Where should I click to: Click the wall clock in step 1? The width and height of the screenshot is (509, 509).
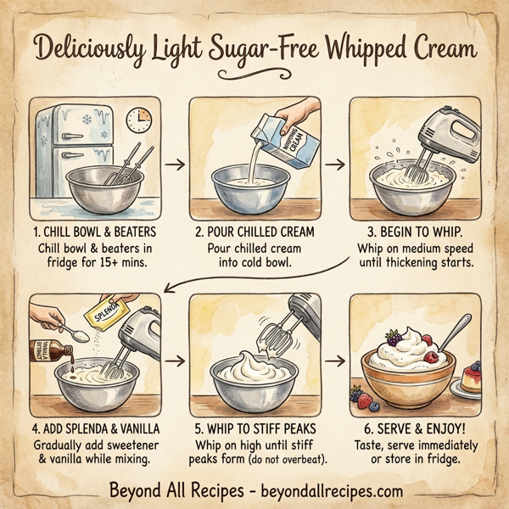coord(140,118)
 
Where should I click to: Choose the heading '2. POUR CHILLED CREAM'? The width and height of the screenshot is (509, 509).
coord(254,231)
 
